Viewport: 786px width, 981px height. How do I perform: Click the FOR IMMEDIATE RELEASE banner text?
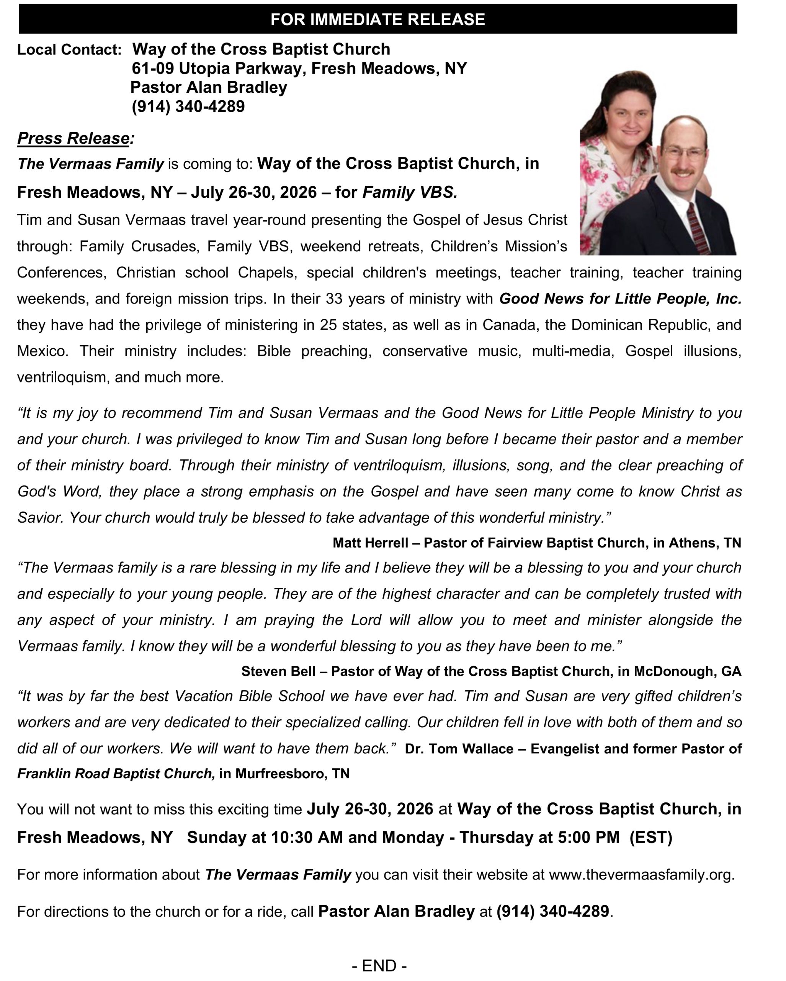377,20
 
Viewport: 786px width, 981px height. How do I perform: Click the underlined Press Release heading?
73,138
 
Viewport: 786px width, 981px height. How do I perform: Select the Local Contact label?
69,49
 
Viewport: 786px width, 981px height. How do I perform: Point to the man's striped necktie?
696,228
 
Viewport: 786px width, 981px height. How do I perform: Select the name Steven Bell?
278,671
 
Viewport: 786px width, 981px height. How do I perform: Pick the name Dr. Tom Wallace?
459,748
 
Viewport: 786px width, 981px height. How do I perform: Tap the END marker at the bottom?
379,965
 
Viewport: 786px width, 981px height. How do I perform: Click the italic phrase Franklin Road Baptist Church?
116,774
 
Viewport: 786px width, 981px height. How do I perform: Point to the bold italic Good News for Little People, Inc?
620,299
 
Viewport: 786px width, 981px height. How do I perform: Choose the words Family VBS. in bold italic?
410,192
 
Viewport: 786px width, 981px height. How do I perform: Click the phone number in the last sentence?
552,911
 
